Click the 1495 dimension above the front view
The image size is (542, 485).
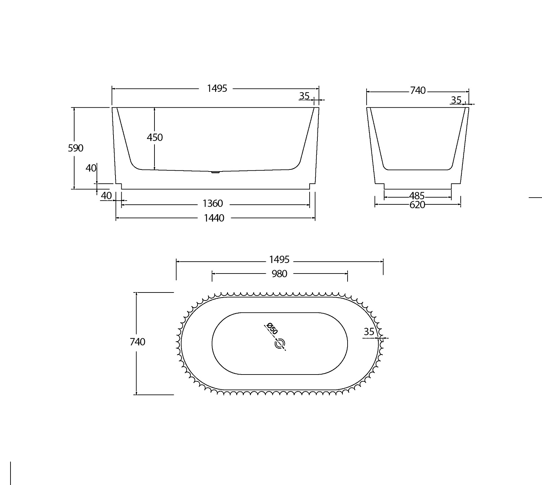pos(217,88)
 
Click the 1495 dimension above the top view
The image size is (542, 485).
pos(279,260)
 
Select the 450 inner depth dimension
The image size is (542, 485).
pos(155,137)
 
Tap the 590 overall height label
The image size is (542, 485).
pos(76,148)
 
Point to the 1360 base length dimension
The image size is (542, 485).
pos(213,203)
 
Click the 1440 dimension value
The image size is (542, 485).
pos(214,218)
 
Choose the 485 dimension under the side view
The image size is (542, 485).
pos(417,196)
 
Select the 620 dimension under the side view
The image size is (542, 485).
pos(417,205)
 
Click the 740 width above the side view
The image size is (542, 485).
pos(418,90)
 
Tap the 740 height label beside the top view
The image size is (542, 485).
pos(138,342)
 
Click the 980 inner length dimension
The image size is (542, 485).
pos(279,274)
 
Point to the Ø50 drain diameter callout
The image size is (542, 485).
pos(272,329)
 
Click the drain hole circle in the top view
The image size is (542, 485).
pos(280,344)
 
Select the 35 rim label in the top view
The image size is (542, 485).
pos(369,331)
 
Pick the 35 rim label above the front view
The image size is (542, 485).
pos(304,96)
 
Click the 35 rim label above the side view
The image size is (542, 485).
pos(456,100)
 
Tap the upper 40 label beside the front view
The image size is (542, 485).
pos(91,168)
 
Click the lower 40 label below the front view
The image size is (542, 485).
pos(106,196)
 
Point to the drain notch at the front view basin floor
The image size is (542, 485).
pos(215,172)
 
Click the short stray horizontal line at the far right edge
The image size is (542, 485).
pos(536,197)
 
